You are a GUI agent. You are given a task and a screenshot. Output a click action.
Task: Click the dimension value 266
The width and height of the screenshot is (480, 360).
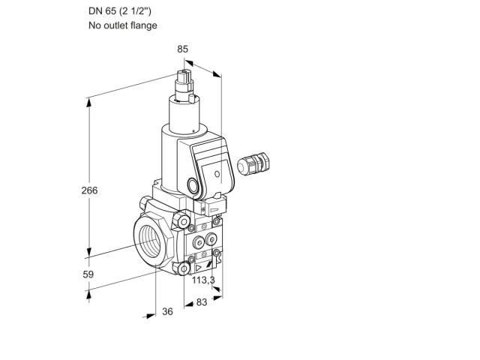89,190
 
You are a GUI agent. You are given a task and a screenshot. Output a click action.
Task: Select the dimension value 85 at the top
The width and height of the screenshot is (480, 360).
182,49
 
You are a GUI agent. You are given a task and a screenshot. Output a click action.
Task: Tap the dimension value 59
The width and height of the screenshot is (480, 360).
88,274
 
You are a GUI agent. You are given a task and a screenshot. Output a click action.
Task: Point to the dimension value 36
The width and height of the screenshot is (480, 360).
167,311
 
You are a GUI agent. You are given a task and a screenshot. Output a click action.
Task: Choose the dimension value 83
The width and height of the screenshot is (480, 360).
202,302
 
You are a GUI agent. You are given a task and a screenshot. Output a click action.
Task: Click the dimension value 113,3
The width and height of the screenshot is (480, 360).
203,280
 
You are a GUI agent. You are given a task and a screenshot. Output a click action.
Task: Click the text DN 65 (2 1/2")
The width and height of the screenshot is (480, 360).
120,11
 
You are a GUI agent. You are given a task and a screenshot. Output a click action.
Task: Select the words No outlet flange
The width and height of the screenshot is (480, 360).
123,25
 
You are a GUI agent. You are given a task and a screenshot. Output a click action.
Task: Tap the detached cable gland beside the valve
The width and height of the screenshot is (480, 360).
253,163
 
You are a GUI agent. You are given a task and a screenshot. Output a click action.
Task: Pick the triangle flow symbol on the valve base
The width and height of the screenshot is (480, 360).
198,268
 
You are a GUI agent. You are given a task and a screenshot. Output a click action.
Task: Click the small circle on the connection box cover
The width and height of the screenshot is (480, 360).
217,174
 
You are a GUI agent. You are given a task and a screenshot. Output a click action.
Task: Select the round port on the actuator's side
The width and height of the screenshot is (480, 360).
193,186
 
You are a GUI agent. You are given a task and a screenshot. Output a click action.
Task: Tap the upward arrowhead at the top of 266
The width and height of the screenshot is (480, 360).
88,102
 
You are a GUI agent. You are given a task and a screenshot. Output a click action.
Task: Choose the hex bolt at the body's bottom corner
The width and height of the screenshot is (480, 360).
182,268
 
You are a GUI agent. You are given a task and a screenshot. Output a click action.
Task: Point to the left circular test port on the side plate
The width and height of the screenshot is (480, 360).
198,242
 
